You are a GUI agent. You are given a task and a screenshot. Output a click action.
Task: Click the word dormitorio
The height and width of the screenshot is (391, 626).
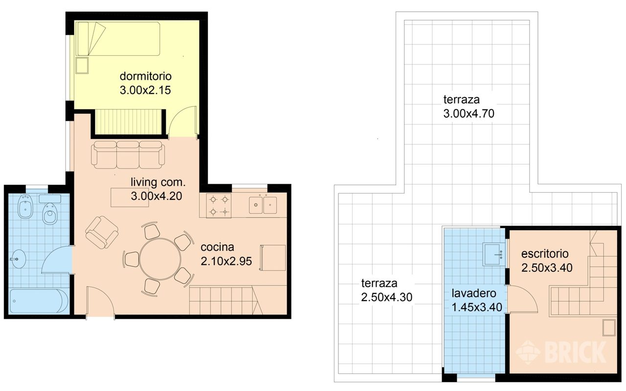145,76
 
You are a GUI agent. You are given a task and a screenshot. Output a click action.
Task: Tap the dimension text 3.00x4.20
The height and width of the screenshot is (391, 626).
156,196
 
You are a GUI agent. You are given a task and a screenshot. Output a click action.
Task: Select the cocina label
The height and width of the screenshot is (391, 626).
217,247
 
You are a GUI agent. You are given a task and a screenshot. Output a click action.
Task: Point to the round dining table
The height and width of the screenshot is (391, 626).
160,259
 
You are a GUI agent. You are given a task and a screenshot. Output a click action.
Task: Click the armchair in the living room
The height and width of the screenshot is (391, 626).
102,232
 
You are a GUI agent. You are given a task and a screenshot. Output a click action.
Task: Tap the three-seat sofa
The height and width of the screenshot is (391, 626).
128,155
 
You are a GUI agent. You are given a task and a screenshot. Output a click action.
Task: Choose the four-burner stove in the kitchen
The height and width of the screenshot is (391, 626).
219,206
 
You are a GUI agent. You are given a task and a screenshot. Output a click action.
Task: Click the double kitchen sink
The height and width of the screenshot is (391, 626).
263,205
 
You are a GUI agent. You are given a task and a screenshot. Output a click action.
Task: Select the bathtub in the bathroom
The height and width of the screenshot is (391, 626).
39,301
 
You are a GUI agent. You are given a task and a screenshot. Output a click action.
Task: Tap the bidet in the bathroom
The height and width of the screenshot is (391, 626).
25,206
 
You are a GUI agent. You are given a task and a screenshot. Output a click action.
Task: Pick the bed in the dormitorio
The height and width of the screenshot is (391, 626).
118,39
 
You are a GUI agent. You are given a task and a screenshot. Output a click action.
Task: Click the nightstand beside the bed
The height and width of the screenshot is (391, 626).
82,65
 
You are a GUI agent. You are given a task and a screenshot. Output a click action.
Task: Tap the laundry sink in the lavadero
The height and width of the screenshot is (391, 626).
494,254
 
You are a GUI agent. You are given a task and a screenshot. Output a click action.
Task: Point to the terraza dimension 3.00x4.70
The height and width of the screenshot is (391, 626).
469,113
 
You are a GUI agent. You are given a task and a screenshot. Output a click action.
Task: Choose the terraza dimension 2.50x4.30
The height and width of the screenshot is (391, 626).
386,297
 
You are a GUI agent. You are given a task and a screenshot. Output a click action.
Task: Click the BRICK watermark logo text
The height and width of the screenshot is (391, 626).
575,352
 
